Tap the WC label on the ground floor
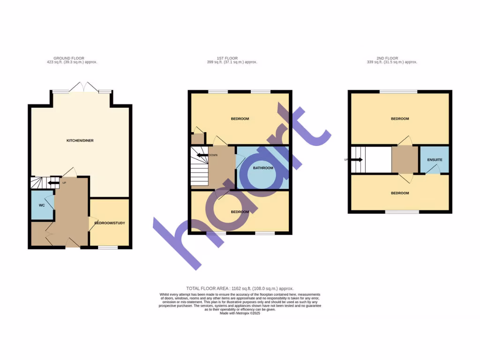coord(41,205)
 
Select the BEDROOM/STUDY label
coord(109,223)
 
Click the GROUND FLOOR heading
coord(69,58)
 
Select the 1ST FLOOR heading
coord(232,58)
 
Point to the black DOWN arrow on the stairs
coord(202,155)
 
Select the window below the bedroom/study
coord(108,247)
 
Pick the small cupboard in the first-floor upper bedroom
coord(197,138)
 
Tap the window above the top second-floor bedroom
coord(398,91)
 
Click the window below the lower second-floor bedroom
coord(402,212)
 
